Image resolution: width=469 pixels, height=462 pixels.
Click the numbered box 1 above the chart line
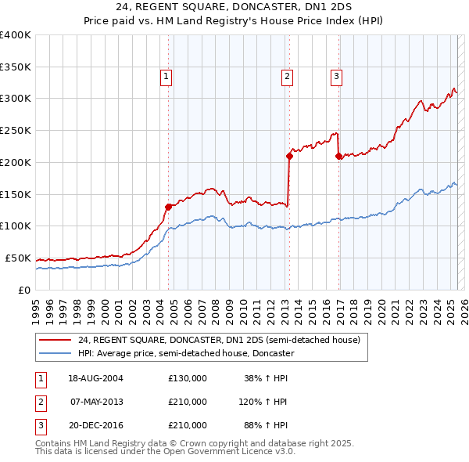click(x=167, y=77)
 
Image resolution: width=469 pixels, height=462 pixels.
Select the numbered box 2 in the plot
click(x=288, y=77)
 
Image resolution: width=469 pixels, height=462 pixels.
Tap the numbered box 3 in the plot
click(x=336, y=77)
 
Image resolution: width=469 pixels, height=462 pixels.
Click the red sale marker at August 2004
click(x=168, y=207)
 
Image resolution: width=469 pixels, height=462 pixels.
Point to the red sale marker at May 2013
click(x=288, y=156)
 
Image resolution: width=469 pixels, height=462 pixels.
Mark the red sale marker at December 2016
click(x=338, y=156)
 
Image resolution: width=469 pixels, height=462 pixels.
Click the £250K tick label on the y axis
click(x=16, y=131)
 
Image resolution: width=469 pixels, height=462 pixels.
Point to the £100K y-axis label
click(x=16, y=226)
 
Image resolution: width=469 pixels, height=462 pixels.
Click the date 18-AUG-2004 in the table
click(x=96, y=378)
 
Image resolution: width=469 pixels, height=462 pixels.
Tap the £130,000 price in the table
click(x=188, y=378)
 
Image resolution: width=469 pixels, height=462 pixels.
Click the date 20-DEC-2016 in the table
click(x=96, y=425)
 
